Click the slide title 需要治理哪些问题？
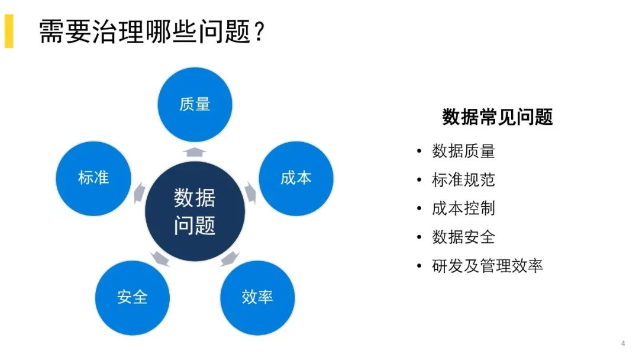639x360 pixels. [x=151, y=31]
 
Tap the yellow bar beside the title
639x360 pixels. [x=8, y=31]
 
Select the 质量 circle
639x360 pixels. [x=195, y=105]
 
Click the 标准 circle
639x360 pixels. [x=93, y=178]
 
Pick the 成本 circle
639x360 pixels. [x=296, y=178]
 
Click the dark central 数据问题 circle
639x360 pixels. [x=195, y=212]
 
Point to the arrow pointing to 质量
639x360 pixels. [x=195, y=152]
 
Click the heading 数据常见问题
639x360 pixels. [x=497, y=117]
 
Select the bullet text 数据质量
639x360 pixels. [x=463, y=151]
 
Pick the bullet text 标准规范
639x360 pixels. [x=463, y=179]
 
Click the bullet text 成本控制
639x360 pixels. [x=463, y=208]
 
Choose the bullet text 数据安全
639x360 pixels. [x=463, y=237]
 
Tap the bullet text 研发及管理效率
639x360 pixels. [x=488, y=266]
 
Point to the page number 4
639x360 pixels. [x=622, y=343]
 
